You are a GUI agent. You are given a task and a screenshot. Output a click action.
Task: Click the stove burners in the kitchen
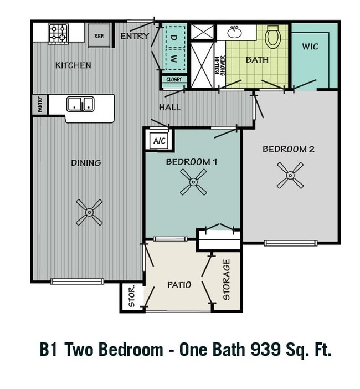tap(58, 34)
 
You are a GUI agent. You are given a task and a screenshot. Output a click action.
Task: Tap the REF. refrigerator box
tap(99, 35)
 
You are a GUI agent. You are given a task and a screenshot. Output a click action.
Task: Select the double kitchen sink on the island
tap(80, 104)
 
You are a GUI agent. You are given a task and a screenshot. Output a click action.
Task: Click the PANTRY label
tap(40, 105)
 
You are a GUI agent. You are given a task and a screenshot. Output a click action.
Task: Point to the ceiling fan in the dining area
tap(89, 212)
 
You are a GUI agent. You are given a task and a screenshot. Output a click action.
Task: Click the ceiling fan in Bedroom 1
tap(193, 182)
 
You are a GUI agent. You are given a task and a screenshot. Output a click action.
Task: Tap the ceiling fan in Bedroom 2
tap(290, 176)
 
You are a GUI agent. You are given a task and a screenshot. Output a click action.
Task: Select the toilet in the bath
tap(272, 37)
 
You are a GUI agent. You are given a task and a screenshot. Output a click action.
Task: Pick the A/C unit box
tap(160, 141)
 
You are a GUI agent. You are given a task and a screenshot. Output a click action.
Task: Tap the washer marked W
tap(175, 59)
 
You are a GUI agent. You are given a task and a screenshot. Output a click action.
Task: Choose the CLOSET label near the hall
tap(174, 80)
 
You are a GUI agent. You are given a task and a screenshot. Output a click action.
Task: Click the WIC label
tap(310, 47)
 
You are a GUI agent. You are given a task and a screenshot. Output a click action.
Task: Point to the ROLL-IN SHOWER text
tap(220, 65)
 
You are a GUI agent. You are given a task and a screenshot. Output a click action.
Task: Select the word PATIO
tap(179, 285)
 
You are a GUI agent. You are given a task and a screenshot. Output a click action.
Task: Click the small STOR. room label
tap(132, 296)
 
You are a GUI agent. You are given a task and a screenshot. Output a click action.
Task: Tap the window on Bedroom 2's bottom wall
tap(291, 243)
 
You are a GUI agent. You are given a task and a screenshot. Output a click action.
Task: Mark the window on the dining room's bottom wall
tap(77, 281)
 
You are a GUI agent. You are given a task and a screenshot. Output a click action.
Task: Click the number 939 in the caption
tap(266, 349)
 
